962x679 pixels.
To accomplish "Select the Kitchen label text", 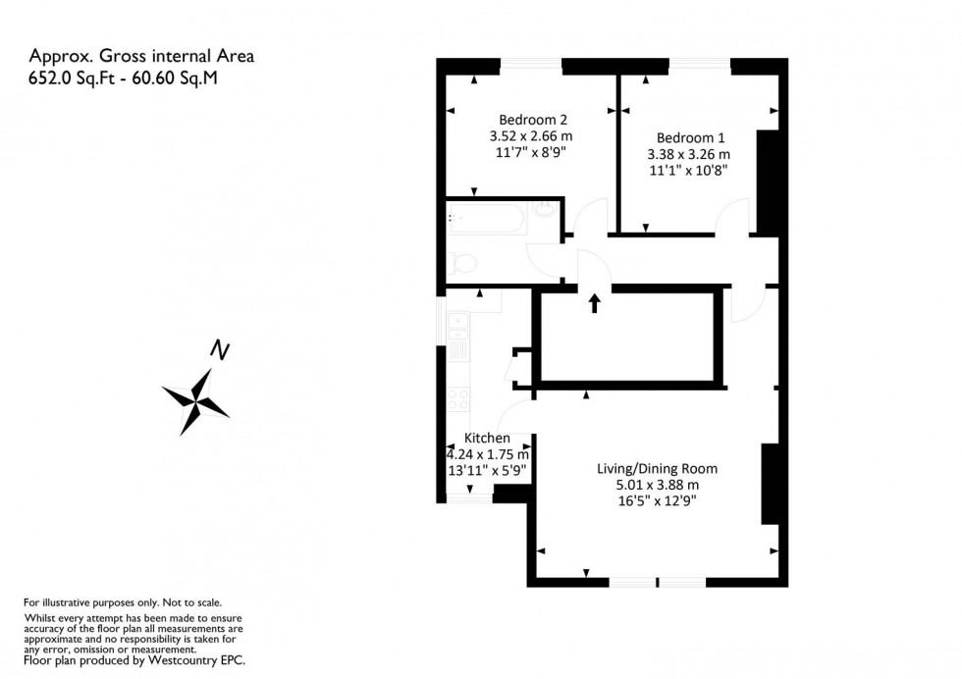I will coord(487,438).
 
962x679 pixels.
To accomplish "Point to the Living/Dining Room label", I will coord(657,468).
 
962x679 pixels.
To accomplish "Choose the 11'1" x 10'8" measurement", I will coord(687,171).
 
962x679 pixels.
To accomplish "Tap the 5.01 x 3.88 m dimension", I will coord(657,485).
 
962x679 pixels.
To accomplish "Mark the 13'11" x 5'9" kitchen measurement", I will coord(487,470).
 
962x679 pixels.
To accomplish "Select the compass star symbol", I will coord(196,399).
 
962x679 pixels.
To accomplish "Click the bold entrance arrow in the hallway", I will coord(594,302).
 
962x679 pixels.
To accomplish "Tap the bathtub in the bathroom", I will coord(487,218).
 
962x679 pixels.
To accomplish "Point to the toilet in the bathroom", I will coord(461,263).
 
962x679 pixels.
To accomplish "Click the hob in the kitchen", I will coord(457,398).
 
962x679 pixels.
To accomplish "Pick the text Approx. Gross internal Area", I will coord(141,57).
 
